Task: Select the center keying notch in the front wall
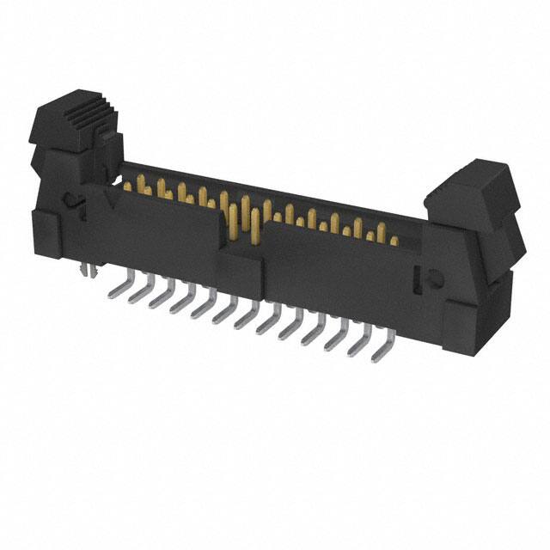(240, 249)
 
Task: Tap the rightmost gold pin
(394, 240)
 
